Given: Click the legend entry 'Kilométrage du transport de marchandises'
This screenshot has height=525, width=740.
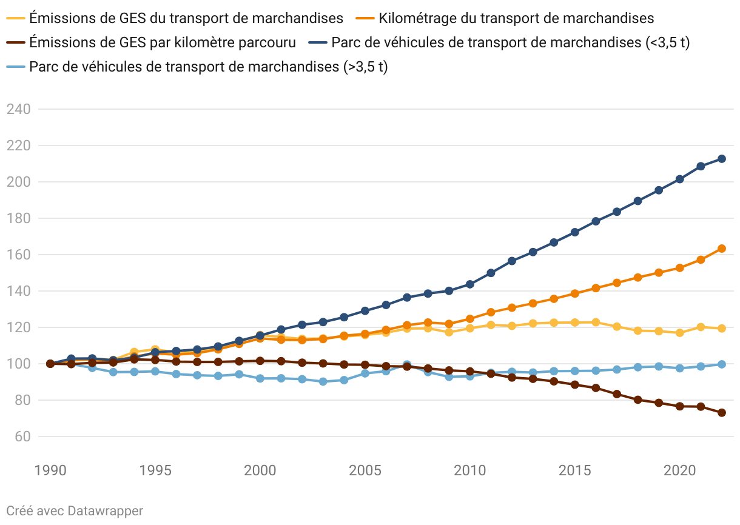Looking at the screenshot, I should click(x=516, y=18).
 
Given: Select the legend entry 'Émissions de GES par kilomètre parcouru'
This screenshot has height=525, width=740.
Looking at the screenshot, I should click(x=163, y=42).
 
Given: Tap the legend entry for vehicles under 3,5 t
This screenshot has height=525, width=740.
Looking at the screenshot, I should click(x=510, y=42).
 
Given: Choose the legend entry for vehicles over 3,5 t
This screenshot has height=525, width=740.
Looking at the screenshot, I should click(x=208, y=67).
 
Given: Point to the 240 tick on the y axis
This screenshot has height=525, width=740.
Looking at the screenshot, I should click(x=18, y=109).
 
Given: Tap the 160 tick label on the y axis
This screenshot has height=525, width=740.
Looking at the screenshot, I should click(x=18, y=255).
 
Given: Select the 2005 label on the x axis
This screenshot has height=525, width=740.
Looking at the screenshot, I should click(x=365, y=471).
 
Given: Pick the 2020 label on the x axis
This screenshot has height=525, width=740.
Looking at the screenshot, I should click(x=680, y=471).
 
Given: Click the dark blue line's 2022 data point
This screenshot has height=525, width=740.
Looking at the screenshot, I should click(x=722, y=159).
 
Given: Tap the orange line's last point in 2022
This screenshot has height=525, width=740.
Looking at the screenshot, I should click(x=722, y=249).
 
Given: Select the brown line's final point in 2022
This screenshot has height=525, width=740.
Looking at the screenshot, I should click(x=722, y=413).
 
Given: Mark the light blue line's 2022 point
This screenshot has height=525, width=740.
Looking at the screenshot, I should click(x=722, y=364).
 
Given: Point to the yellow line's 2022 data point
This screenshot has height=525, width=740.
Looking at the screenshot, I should click(x=722, y=329).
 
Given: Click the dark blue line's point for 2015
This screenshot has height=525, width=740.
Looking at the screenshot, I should click(x=575, y=232).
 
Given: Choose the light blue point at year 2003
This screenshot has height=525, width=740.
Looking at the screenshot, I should click(x=323, y=382).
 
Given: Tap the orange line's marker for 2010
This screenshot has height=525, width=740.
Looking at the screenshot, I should click(x=470, y=319).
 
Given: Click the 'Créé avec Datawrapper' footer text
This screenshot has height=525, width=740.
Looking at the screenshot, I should click(x=75, y=511).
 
